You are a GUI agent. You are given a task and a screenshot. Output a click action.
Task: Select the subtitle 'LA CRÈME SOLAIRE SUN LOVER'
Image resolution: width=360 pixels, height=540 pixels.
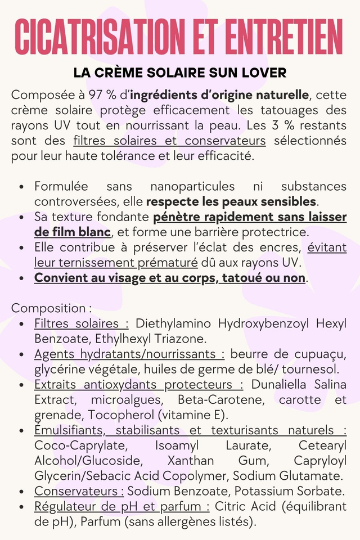[180, 73]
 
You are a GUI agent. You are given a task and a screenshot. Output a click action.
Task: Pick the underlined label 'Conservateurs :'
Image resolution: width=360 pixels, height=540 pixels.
[79, 491]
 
